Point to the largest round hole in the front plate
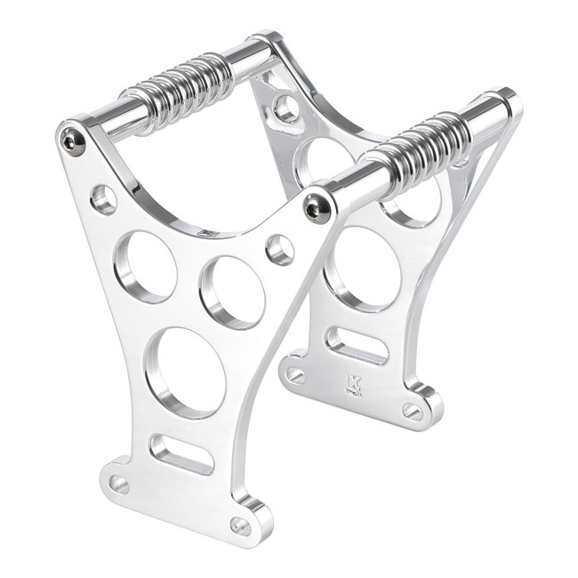185,372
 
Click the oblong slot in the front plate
181,454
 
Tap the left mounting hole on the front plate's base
118,484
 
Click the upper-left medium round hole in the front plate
145,266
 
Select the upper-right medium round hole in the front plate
231,292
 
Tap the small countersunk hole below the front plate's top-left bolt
104,199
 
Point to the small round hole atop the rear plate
286,108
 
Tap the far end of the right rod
503,105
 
